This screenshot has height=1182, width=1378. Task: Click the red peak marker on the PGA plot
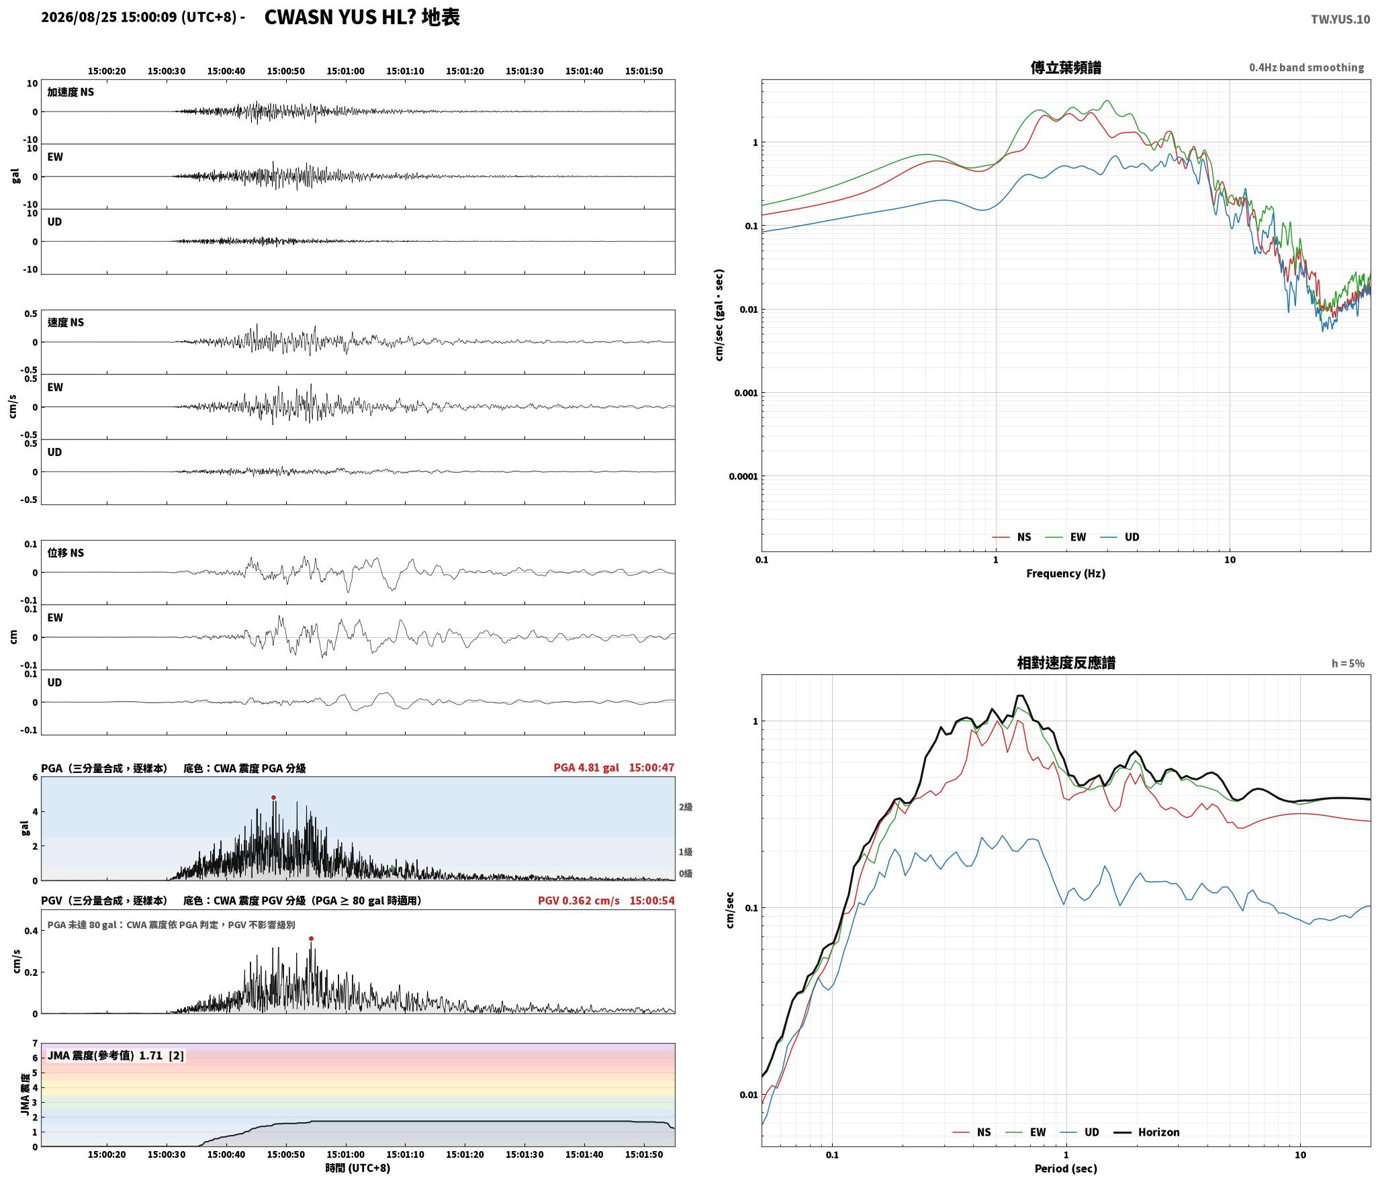point(273,798)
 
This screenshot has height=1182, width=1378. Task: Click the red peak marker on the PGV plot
point(311,939)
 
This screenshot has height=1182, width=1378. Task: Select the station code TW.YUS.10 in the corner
point(1340,19)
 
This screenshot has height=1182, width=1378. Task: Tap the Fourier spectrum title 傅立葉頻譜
point(1066,68)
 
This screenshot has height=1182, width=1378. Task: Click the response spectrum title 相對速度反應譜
point(1066,663)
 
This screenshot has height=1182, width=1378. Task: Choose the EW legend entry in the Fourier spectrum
point(1066,537)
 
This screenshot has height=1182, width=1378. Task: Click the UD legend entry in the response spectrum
point(1080,1132)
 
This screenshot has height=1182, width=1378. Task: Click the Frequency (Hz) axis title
point(1066,574)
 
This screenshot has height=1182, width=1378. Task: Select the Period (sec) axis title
point(1066,1169)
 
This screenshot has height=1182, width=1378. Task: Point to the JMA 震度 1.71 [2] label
point(116,1056)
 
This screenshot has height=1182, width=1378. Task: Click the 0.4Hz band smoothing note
point(1306,68)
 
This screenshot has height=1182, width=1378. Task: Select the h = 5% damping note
point(1348,664)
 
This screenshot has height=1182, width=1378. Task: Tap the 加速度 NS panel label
point(71,92)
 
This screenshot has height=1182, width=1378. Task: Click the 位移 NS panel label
point(66,553)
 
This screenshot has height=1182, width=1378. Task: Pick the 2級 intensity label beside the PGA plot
point(685,807)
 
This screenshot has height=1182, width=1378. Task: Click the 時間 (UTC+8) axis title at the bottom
point(357,1168)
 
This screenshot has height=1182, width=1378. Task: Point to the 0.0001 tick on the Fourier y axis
point(743,477)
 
